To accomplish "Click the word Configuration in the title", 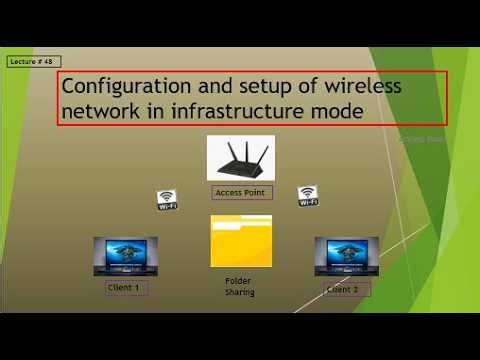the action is point(119,86).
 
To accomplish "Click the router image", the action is point(240,158).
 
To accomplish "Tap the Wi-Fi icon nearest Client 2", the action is point(308,195).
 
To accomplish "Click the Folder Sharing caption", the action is point(239,287).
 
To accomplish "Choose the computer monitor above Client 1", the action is point(125,256).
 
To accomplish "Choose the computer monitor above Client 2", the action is point(346,256).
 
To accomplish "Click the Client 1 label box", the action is point(125,289).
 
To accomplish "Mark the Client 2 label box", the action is point(346,290).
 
